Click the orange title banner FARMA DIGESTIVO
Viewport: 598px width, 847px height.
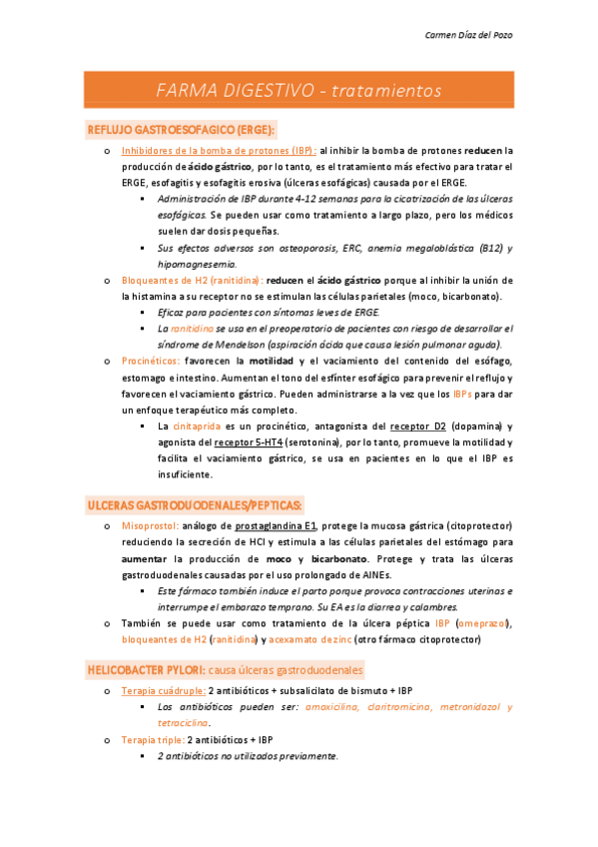coord(299,91)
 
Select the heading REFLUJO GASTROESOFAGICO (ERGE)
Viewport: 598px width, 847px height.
coord(181,130)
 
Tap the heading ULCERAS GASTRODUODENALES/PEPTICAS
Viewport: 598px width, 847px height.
coord(195,503)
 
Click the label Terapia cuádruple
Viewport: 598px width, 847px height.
coord(164,691)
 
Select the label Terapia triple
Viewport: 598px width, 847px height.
coord(152,740)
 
